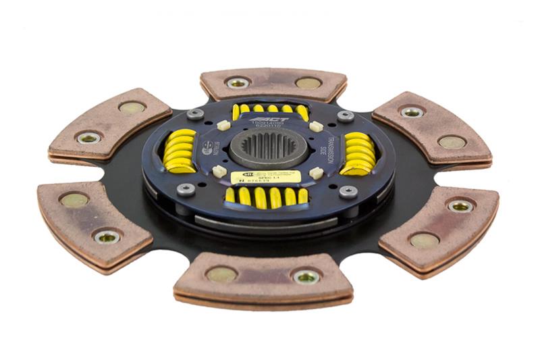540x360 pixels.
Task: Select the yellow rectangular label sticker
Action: (x=265, y=178)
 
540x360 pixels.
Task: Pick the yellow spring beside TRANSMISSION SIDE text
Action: (x=358, y=154)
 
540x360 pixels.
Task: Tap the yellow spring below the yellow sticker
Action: (x=266, y=197)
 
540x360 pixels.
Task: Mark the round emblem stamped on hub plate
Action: (x=207, y=149)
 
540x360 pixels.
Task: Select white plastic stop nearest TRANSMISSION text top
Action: (x=315, y=126)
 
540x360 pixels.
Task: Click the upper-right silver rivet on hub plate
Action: (x=345, y=116)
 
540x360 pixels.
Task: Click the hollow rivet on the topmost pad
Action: (x=237, y=82)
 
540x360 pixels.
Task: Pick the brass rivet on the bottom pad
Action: (x=222, y=274)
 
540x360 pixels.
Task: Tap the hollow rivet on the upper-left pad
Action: (x=88, y=138)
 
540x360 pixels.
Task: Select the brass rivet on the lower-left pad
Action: (x=74, y=200)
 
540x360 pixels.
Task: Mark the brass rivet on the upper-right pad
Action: (x=451, y=142)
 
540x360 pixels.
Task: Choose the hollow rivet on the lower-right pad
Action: (x=460, y=206)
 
